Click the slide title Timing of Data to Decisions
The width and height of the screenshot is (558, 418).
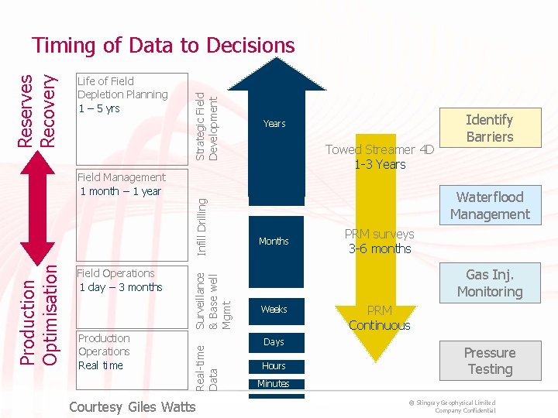coord(164,46)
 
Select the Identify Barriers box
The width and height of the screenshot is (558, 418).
coord(489,128)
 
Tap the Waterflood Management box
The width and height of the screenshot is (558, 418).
coord(489,206)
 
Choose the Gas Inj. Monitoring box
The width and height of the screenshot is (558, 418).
coord(489,283)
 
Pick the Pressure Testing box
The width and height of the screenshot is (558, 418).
coord(489,361)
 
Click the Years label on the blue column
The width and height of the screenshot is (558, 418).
coord(274,124)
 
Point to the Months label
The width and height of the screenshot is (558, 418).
coord(274,242)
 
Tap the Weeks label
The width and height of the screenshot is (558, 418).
coord(274,310)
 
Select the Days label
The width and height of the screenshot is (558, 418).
coord(274,342)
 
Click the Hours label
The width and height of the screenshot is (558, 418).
coord(274,366)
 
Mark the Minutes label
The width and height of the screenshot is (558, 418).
coord(274,384)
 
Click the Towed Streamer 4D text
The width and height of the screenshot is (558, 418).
coord(380,157)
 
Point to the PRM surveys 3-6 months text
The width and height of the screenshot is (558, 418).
coord(380,242)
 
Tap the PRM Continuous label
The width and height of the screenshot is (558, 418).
coord(379,317)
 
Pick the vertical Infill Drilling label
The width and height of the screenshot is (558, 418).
coord(201,226)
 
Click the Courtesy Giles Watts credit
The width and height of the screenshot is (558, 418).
coord(133,407)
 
